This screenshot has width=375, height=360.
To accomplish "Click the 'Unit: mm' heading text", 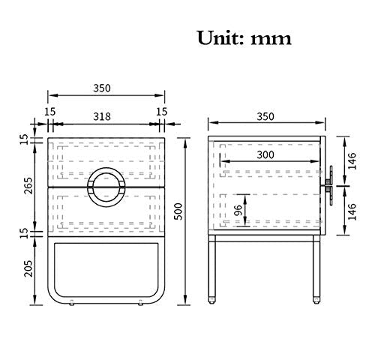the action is [x=244, y=38].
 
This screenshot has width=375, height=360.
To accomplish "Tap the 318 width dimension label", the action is [x=102, y=116].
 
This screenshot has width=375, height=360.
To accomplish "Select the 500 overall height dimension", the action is [x=178, y=211].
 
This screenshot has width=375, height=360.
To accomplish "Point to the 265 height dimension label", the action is [x=28, y=185].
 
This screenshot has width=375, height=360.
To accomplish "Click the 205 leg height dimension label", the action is [x=28, y=268].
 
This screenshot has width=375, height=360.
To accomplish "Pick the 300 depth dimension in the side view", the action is [x=265, y=155].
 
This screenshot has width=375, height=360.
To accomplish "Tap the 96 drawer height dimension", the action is [x=238, y=211].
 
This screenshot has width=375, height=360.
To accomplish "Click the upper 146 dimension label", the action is [x=352, y=161].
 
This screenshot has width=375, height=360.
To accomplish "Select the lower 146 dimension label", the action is [x=352, y=211].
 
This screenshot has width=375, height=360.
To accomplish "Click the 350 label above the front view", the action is [x=102, y=88].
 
